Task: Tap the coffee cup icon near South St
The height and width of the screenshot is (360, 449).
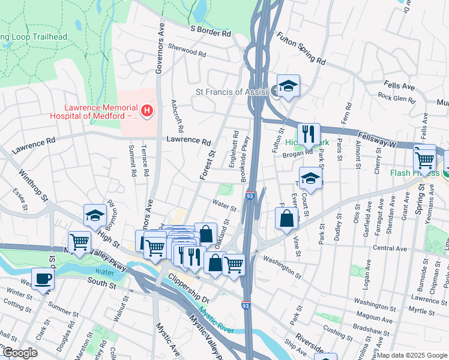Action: (x=43, y=278)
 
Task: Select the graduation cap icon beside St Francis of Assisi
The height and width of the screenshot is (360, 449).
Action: (x=288, y=86)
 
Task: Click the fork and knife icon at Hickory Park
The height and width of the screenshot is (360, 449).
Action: (x=309, y=134)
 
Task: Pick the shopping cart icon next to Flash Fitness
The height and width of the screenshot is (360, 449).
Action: (x=424, y=160)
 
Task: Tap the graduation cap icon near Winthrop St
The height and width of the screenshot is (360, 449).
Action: (x=95, y=215)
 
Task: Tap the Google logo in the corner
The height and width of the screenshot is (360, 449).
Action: (x=19, y=353)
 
